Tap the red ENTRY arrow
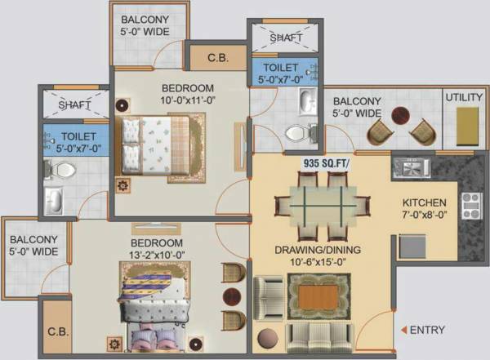tap(403, 330)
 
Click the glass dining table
tap(320, 205)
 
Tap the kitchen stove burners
tap(470, 202)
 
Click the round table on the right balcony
tap(400, 114)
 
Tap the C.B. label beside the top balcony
tap(216, 58)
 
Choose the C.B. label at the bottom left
tap(56, 332)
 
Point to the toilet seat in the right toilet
tap(295, 131)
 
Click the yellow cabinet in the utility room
tap(466, 127)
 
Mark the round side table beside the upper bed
tap(122, 105)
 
